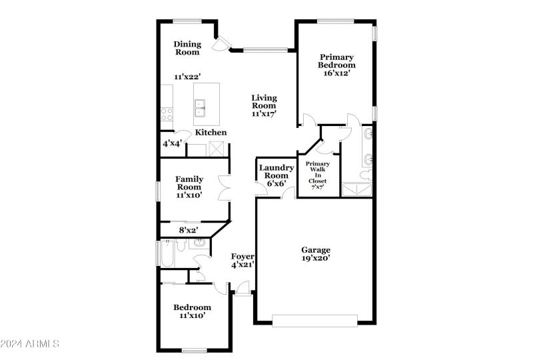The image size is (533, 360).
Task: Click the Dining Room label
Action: coord(187,48)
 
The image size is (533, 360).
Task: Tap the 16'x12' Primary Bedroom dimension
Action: coord(336,73)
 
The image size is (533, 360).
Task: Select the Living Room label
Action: coord(264,102)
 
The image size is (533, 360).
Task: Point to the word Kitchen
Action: coord(211,133)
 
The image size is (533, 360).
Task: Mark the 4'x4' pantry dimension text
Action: coord(173,143)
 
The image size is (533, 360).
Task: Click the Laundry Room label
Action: coord(276,172)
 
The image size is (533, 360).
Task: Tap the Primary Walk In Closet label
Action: coord(316,175)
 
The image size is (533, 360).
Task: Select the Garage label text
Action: coord(316,250)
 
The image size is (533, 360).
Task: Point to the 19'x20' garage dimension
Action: coord(316,258)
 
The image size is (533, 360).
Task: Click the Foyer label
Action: coord(243,257)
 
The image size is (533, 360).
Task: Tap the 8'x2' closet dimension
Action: coord(189,231)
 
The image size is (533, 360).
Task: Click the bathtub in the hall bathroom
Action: coord(167,253)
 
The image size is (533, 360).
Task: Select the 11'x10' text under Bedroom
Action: coord(192,316)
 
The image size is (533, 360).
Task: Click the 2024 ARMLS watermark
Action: coord(31,344)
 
